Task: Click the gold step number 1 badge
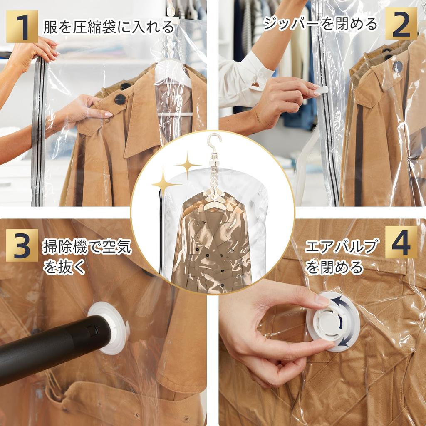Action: (22, 26)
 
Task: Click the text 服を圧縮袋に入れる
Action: (109, 27)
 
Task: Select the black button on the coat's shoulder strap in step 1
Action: (120, 99)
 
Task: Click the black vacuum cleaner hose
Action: (50, 345)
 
